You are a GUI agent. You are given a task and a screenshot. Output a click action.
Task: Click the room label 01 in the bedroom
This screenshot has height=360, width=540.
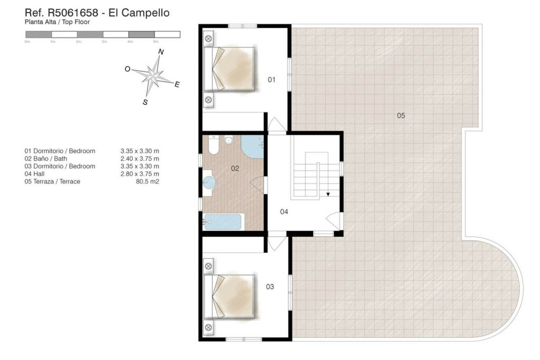[272, 80]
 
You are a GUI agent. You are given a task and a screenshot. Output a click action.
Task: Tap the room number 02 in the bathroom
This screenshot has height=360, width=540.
[235, 168]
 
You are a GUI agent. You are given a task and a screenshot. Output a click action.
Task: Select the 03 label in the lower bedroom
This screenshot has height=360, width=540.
[270, 287]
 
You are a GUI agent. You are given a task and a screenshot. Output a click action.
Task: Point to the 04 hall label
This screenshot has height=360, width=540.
[284, 212]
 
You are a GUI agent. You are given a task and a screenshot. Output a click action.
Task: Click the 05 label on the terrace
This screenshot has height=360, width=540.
[401, 115]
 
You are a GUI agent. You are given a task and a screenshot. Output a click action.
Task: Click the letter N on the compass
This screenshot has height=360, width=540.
[161, 52]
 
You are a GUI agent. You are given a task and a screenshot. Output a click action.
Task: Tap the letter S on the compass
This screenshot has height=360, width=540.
[145, 102]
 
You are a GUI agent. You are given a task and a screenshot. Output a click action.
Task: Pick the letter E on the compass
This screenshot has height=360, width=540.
[177, 84]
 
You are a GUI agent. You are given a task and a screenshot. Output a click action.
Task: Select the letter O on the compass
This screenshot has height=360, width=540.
[128, 69]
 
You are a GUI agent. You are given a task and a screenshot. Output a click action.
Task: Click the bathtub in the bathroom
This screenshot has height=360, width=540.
[223, 222]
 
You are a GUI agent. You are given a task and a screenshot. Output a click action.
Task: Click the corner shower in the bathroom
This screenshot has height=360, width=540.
[253, 147]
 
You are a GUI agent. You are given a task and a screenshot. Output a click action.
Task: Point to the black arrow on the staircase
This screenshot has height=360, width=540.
[328, 194]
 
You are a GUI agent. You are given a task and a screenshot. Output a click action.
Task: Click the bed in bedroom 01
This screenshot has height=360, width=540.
[230, 69]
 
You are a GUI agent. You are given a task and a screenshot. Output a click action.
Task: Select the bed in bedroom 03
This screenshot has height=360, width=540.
[230, 296]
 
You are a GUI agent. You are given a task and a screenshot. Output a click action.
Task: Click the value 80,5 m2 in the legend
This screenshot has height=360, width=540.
[148, 182]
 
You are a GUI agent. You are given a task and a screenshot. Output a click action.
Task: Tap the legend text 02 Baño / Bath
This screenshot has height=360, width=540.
[46, 159]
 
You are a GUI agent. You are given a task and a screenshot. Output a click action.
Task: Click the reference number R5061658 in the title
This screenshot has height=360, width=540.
[73, 13]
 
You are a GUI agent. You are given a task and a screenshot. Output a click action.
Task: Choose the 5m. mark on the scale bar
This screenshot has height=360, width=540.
[156, 42]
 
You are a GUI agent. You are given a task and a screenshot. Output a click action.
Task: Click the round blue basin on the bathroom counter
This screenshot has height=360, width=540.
[209, 182]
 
